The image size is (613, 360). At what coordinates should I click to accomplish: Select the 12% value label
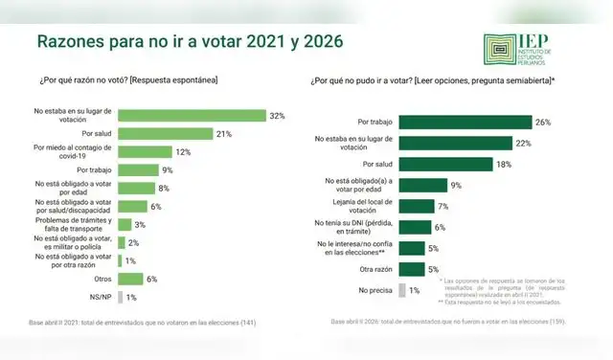pyautogui.click(x=184, y=151)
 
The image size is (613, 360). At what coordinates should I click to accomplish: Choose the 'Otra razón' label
pyautogui.click(x=375, y=269)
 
